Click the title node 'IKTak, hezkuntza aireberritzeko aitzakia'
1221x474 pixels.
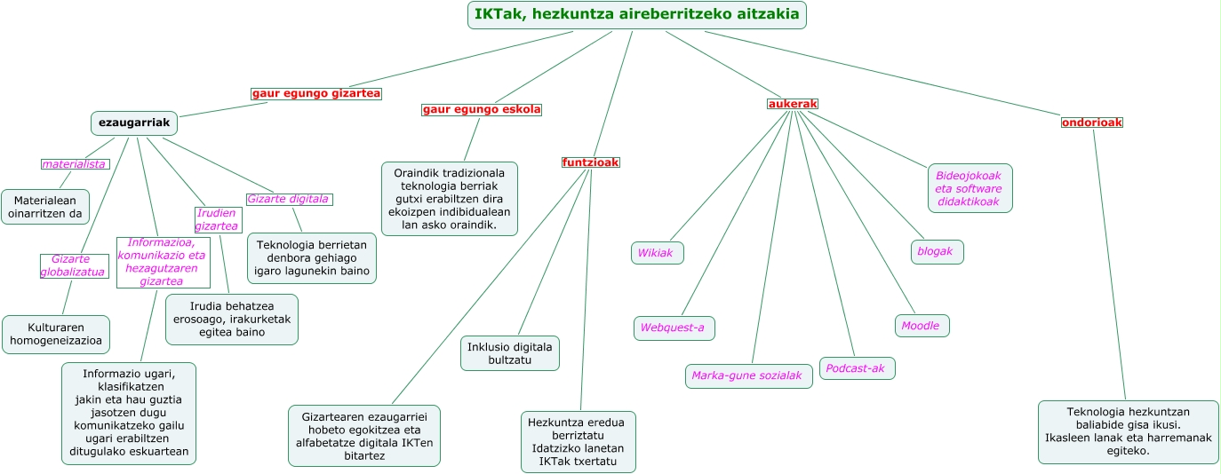(x=637, y=15)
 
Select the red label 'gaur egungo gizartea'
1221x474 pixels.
(x=315, y=93)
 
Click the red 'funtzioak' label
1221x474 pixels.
(x=590, y=162)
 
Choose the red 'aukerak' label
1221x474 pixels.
(x=792, y=104)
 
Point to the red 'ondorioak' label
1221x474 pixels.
(x=1092, y=122)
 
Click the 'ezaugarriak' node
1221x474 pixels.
(x=134, y=122)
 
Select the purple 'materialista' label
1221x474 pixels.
(x=75, y=164)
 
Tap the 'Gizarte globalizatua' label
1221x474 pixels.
(x=74, y=265)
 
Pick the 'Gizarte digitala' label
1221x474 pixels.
(x=289, y=199)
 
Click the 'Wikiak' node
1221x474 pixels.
(x=658, y=253)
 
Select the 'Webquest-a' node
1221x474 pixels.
(x=674, y=328)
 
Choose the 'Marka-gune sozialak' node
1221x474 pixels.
(x=748, y=376)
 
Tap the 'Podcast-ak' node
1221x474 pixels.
(x=857, y=368)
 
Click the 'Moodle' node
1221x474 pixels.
(x=922, y=326)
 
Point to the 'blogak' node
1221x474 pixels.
(x=937, y=252)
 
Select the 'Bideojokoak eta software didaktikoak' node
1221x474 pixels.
(x=970, y=188)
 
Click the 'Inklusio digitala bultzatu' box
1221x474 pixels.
(x=510, y=353)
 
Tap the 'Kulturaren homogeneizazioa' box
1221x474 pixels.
(x=56, y=334)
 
